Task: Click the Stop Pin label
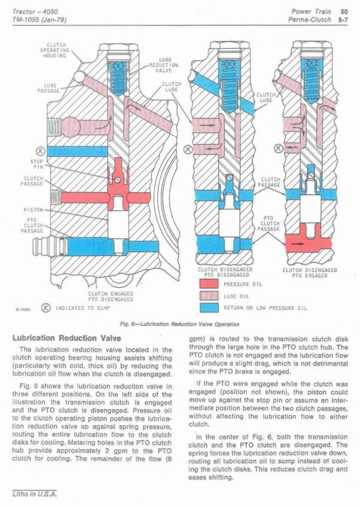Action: point(35,164)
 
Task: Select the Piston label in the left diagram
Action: point(31,210)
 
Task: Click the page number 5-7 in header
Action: point(343,19)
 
